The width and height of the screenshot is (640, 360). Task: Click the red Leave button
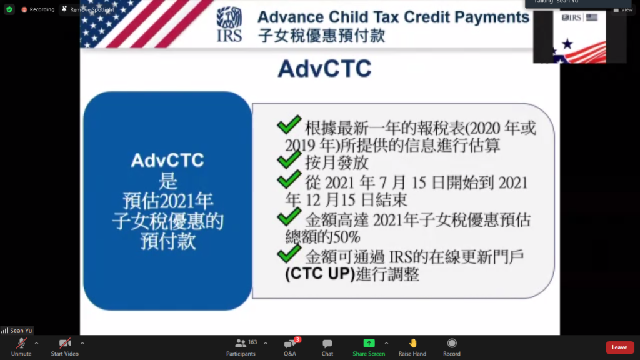(x=619, y=347)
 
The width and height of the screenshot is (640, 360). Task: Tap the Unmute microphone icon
(x=21, y=343)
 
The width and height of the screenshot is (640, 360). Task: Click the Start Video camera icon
(x=64, y=343)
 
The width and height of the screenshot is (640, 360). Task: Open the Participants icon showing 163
(x=241, y=343)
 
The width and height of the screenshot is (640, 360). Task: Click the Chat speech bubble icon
(x=327, y=344)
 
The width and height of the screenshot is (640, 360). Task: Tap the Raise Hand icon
(x=412, y=343)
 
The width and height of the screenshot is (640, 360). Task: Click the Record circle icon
(x=452, y=343)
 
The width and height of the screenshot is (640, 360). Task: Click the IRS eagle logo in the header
(x=229, y=24)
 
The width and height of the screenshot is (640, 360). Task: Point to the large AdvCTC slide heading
(x=324, y=69)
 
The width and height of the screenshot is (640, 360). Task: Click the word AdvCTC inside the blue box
(x=167, y=161)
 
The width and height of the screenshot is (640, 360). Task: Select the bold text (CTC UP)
(x=320, y=274)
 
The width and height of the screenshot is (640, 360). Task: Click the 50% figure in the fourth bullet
(x=346, y=237)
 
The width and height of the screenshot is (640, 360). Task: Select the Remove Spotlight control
(x=88, y=9)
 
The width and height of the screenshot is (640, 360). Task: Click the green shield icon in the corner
(x=9, y=9)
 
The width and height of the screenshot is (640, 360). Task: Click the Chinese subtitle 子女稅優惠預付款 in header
(x=322, y=36)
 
